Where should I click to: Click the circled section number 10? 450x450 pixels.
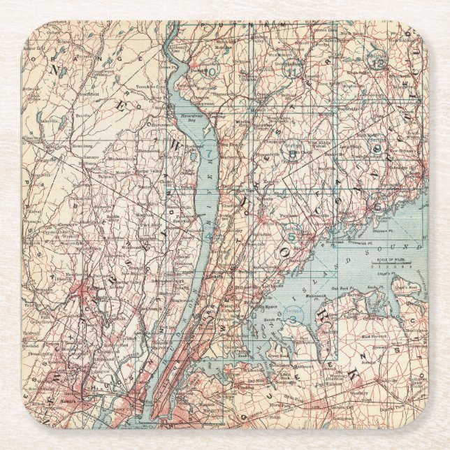tap(211, 70)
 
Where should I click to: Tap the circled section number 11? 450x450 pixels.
tap(292, 71)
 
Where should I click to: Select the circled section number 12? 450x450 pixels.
tap(377, 61)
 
